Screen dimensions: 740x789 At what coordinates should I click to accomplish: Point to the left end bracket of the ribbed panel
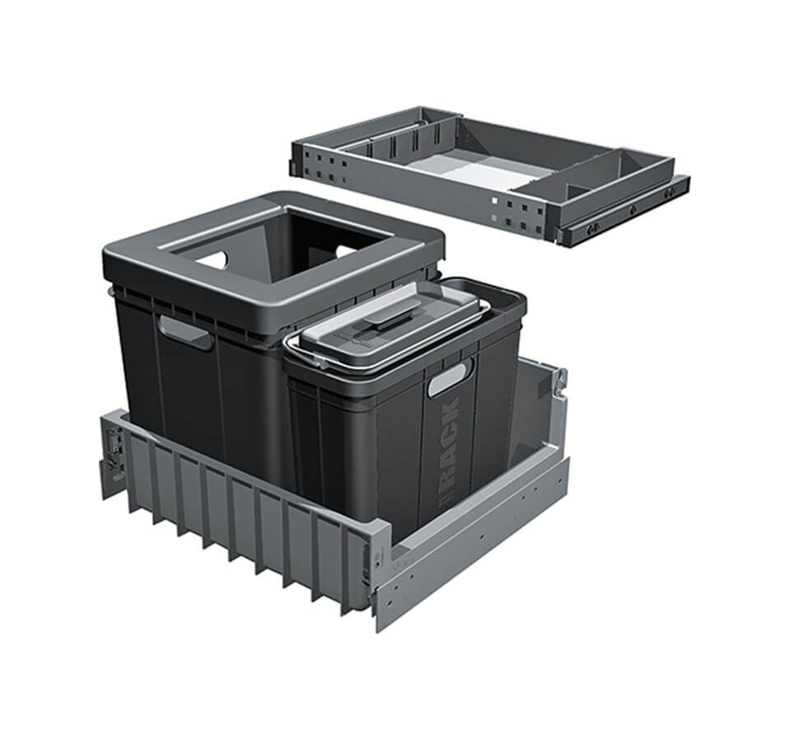point(114,453)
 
